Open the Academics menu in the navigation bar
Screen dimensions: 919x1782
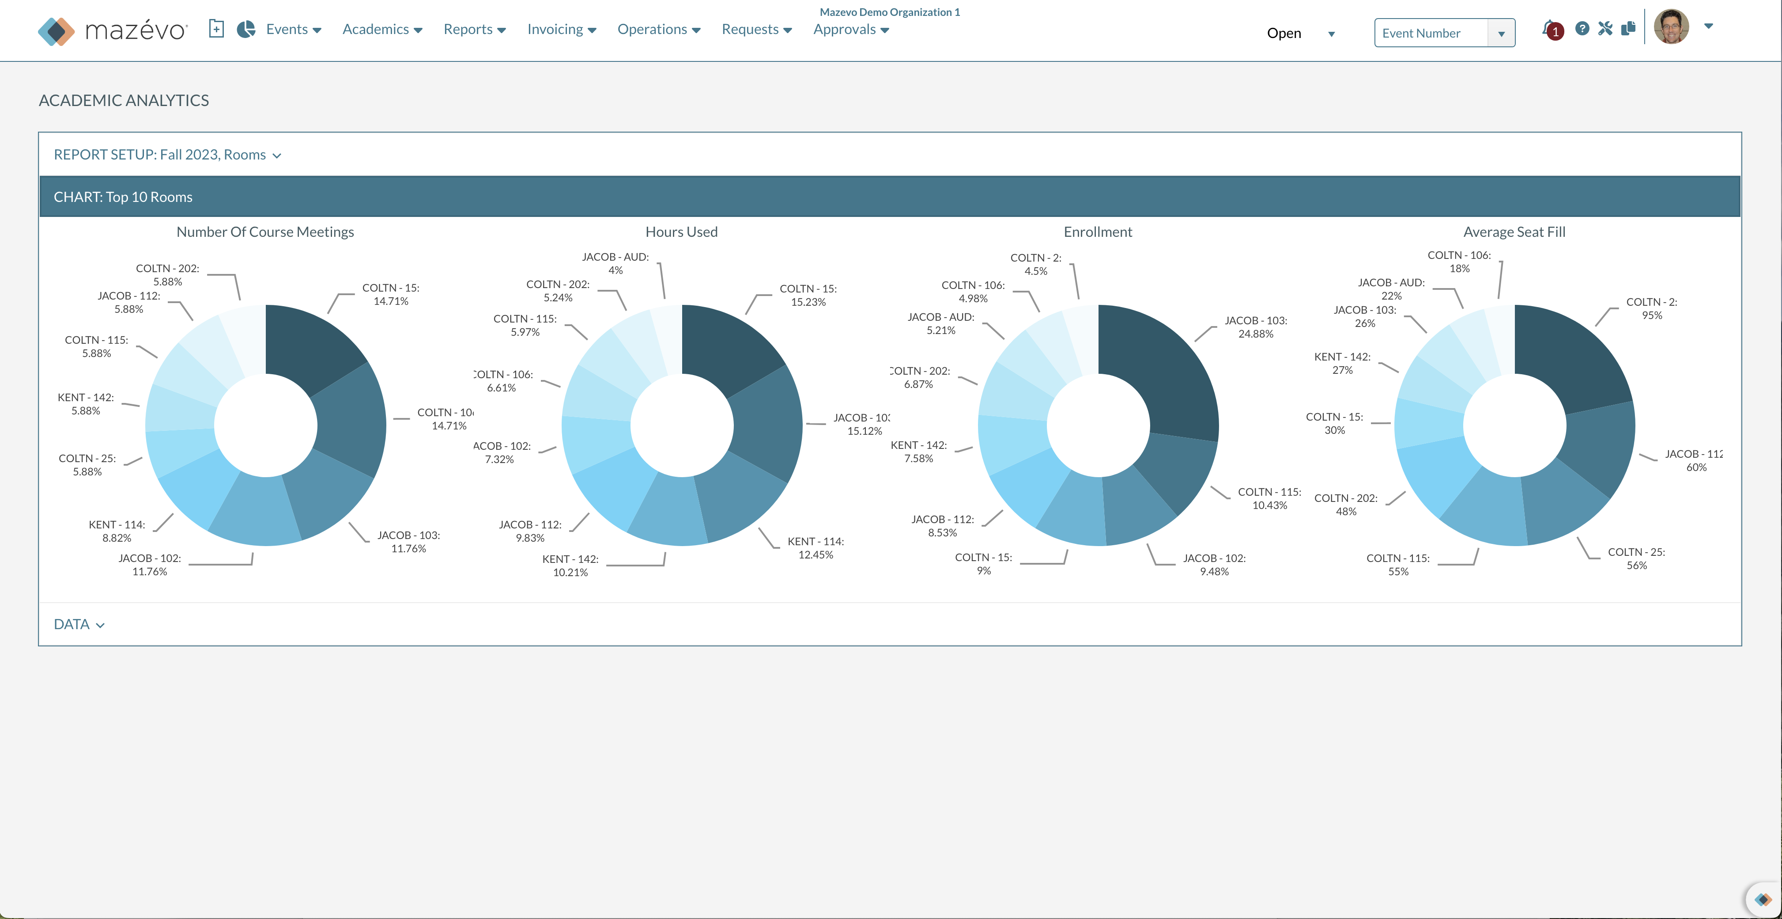click(382, 29)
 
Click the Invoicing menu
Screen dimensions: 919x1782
click(561, 29)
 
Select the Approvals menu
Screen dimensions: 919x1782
click(850, 29)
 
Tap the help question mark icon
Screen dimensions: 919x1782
click(1582, 28)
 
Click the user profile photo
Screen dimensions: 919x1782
click(1671, 27)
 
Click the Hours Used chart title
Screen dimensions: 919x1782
click(681, 232)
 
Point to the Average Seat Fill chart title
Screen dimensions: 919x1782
click(1514, 232)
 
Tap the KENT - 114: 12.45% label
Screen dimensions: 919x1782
click(815, 548)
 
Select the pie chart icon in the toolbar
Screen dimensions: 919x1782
click(245, 29)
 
